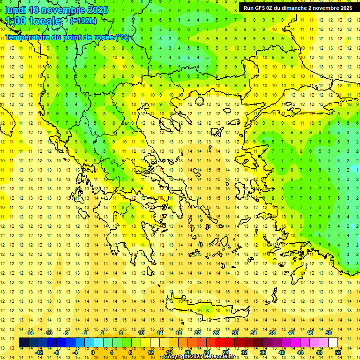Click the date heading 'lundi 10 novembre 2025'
tap(56, 10)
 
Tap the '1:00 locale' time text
tap(33, 21)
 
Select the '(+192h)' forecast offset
tap(83, 21)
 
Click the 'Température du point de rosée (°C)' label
tap(67, 37)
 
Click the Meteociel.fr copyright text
tap(202, 357)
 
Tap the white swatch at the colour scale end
tap(333, 343)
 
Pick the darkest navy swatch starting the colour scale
tap(23, 343)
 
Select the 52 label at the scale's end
tap(337, 352)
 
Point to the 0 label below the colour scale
tap(93, 352)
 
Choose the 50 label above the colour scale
tap(328, 333)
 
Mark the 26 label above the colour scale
tap(216, 333)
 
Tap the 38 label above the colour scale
tap(272, 333)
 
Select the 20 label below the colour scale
tap(187, 352)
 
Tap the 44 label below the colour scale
tap(300, 352)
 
